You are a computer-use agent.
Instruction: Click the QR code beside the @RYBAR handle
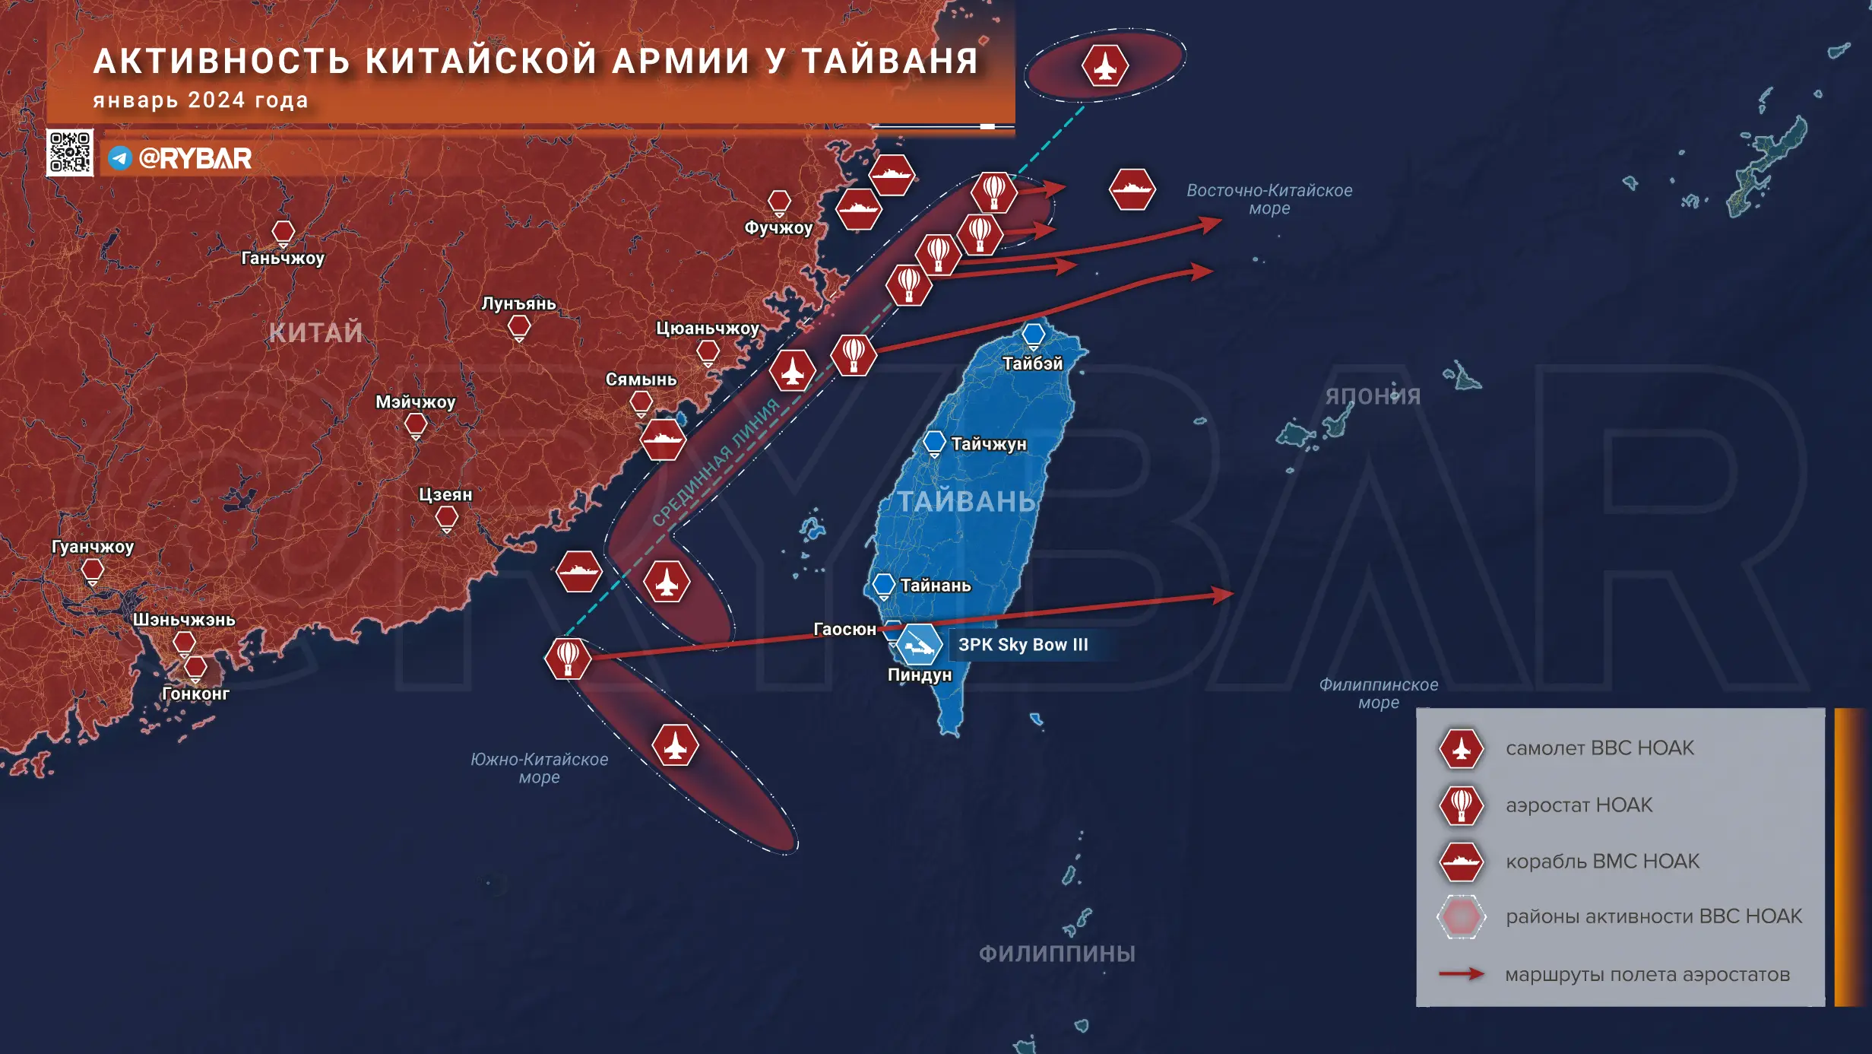coord(69,152)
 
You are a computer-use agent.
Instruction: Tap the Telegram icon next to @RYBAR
coord(120,158)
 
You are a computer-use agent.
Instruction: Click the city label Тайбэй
coord(1032,364)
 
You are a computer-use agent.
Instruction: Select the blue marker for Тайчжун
coord(934,442)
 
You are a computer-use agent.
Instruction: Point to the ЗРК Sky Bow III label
coord(1023,645)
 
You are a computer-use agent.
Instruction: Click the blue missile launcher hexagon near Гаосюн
coord(919,645)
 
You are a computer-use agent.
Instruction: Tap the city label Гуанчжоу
coord(93,547)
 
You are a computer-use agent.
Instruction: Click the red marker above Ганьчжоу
coord(283,232)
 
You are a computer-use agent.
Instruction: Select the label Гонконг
coord(195,694)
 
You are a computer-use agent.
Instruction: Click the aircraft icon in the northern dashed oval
coord(1104,65)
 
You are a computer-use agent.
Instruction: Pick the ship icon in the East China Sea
coord(1132,189)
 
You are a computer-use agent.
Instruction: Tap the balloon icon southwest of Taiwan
coord(568,658)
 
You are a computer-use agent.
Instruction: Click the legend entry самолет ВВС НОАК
coord(1599,748)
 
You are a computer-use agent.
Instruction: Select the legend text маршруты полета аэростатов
coord(1647,975)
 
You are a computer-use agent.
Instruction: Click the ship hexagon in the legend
coord(1461,862)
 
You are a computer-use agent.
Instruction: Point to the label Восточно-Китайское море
coord(1269,199)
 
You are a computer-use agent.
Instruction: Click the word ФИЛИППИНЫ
coord(1056,954)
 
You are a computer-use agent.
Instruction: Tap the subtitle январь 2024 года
coord(201,100)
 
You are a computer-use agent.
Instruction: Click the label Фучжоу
coord(778,227)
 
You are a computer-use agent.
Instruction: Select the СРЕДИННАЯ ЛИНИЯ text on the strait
coord(716,462)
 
